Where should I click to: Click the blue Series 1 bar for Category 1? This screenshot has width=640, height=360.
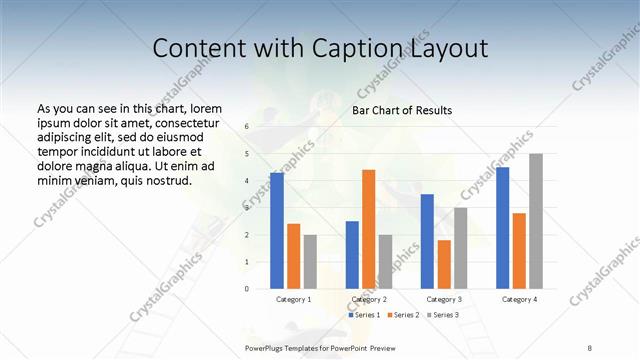[277, 231]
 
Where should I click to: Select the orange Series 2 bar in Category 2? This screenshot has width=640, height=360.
[369, 229]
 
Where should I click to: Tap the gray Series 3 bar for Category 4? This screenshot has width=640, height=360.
[536, 221]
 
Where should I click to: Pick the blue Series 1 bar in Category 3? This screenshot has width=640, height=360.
[427, 241]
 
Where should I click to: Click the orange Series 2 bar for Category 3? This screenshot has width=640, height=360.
[444, 264]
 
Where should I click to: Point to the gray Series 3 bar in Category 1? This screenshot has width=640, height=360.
[310, 262]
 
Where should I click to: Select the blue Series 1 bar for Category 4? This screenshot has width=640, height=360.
[503, 228]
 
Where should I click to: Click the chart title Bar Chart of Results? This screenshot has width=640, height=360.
[402, 110]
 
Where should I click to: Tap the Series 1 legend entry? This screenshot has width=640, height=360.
[364, 315]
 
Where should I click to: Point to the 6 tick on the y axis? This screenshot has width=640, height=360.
[246, 127]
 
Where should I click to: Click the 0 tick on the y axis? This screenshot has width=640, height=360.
[246, 288]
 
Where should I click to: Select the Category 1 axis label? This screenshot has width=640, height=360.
[293, 299]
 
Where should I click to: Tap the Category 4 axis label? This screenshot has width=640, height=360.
[519, 299]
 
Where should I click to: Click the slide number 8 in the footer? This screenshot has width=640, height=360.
[590, 346]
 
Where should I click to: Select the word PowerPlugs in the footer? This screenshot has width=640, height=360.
[266, 346]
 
